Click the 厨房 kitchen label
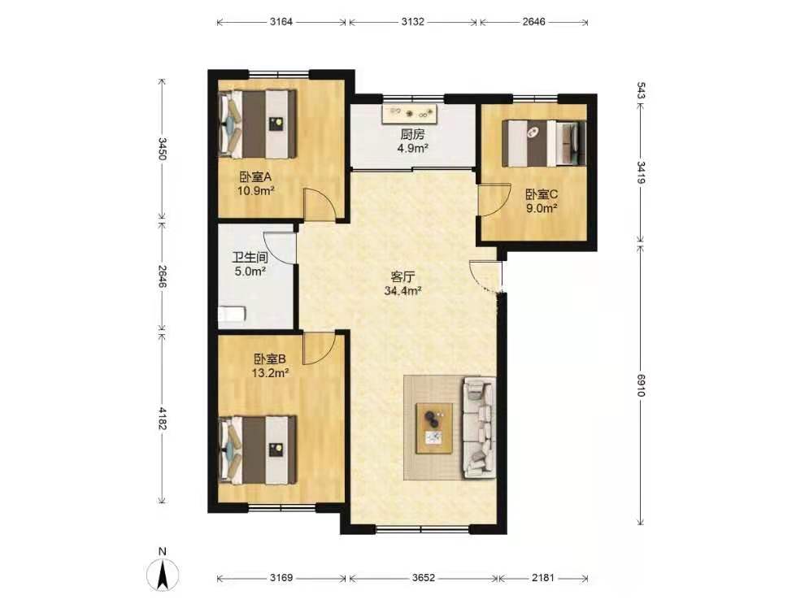413,135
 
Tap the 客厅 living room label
403,277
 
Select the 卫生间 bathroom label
250,257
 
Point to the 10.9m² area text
255,191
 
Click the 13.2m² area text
270,373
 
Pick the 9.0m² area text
542,208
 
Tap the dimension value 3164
281,22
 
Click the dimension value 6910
641,385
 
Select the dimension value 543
641,90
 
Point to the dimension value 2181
542,578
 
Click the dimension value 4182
163,418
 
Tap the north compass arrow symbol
163,574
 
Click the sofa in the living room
480,428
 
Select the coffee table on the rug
434,428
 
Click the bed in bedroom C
544,143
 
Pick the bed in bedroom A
258,124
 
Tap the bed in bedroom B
258,450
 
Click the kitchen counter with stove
410,114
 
